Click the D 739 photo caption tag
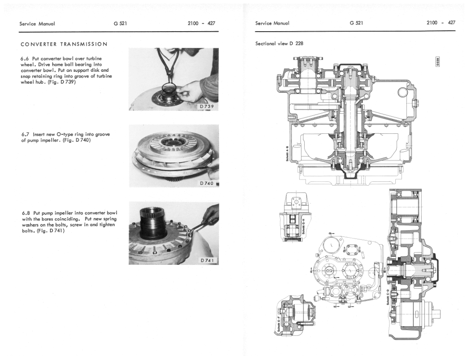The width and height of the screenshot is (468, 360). (x=207, y=106)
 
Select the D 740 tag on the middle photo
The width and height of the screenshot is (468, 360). (x=207, y=183)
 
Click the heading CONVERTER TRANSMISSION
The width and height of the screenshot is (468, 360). (x=64, y=44)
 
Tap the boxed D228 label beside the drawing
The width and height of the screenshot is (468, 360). (x=438, y=62)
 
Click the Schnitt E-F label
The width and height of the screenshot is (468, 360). (x=279, y=324)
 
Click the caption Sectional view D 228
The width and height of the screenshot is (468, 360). (x=279, y=44)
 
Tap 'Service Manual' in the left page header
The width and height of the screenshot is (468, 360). (x=37, y=23)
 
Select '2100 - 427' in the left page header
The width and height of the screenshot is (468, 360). (x=201, y=23)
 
